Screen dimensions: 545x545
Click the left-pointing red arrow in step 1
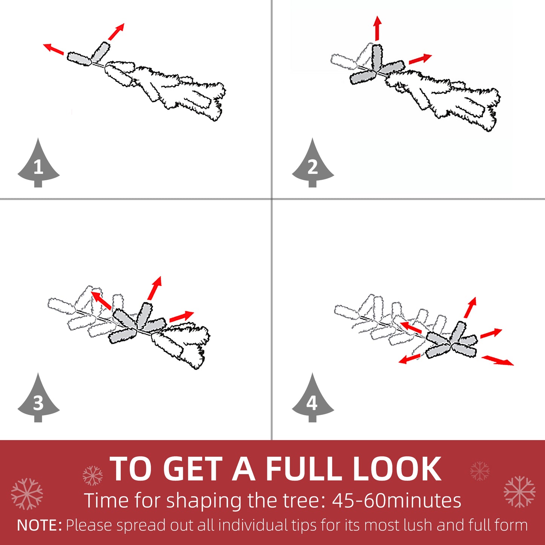point(53,49)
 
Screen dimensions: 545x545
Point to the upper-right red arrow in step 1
point(116,32)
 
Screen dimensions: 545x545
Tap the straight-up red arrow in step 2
point(377,28)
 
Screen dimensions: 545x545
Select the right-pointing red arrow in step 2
point(420,59)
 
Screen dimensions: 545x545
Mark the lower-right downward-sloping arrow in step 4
point(497,360)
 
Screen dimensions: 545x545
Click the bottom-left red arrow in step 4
point(410,359)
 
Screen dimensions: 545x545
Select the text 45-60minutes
point(396,501)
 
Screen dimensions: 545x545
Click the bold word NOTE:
point(40,525)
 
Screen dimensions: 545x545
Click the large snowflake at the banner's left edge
point(27,494)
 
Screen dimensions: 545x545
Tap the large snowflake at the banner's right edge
point(519,492)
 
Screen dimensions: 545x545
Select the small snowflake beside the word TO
point(92,475)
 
